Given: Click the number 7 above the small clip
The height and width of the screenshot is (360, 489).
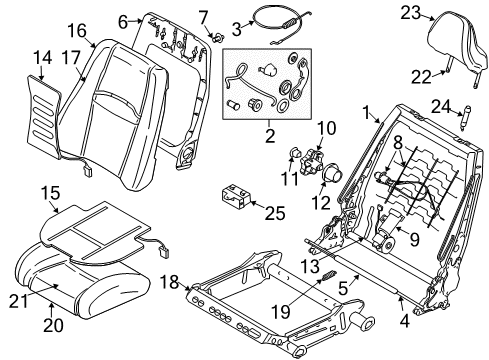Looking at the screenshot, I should point(202,15).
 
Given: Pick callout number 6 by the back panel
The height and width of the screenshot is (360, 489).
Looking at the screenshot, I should point(123,21).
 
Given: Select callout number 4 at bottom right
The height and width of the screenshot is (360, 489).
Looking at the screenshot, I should point(405,321).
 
